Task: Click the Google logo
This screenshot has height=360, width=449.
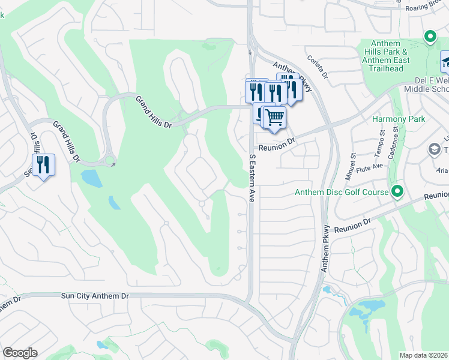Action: (20, 353)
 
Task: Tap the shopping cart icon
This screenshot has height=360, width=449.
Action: (274, 118)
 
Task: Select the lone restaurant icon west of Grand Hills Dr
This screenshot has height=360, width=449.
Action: (43, 165)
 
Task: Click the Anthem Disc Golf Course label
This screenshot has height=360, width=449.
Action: (342, 193)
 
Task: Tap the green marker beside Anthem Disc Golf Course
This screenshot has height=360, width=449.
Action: (397, 192)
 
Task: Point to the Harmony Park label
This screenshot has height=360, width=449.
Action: (399, 119)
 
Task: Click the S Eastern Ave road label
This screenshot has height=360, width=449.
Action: (253, 177)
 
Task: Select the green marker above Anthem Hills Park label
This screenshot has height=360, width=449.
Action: (430, 37)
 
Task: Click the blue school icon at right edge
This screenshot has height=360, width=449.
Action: (445, 62)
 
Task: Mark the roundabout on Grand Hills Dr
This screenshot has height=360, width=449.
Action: (110, 161)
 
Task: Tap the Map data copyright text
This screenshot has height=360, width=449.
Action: (424, 355)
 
